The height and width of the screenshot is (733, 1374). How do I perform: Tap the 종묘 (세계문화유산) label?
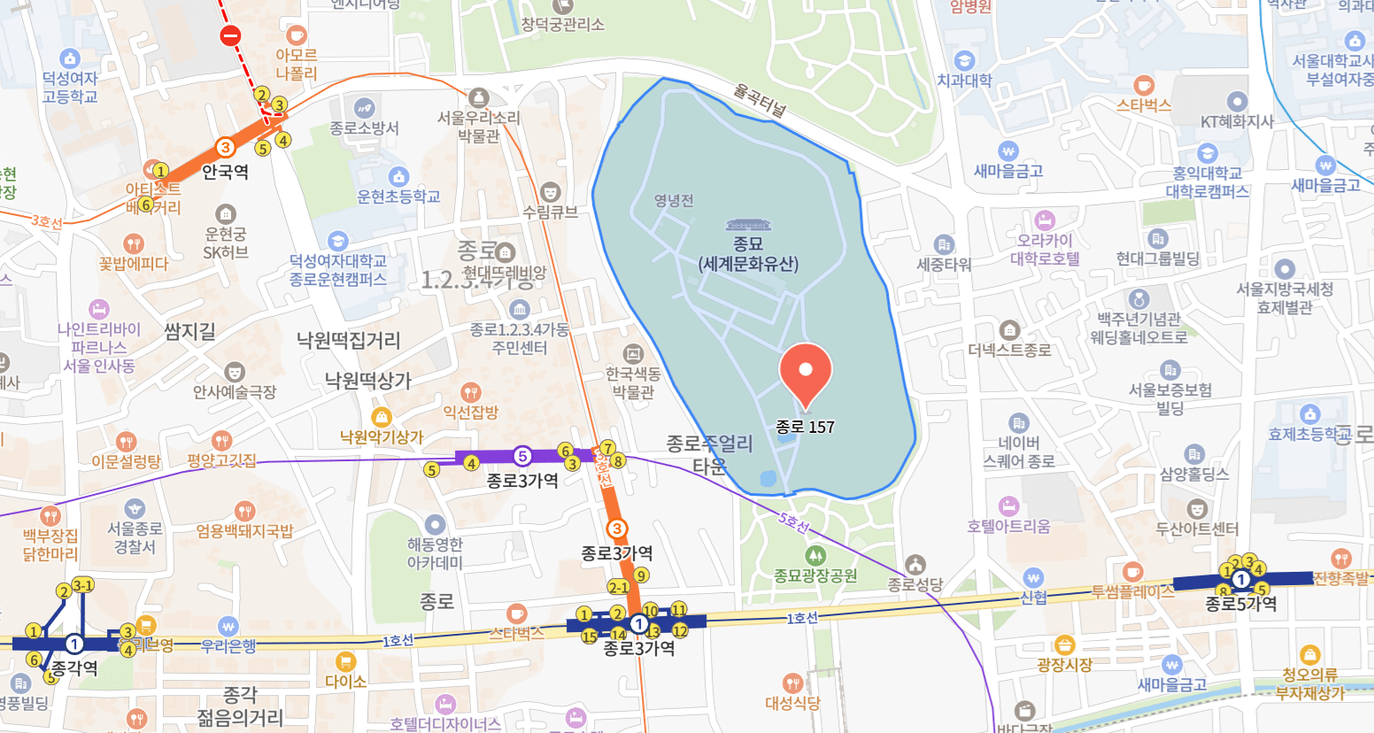[x=748, y=253]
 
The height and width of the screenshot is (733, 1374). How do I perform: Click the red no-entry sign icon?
[x=230, y=35]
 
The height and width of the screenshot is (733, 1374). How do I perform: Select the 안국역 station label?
[x=225, y=172]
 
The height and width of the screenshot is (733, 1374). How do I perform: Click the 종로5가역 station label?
[x=1241, y=604]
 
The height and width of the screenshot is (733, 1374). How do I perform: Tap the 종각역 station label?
[x=74, y=667]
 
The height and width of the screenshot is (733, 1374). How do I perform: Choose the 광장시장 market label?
[x=1065, y=664]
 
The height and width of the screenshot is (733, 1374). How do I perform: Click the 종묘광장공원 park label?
[x=815, y=575]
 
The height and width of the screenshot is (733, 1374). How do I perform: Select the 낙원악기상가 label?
[x=382, y=436]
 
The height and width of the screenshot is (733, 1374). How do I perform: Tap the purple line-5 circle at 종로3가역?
[x=522, y=457]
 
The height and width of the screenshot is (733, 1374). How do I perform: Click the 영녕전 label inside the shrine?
[x=674, y=200]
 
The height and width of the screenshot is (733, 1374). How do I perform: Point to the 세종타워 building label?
[x=944, y=264]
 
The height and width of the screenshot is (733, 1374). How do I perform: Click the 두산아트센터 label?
[x=1197, y=529]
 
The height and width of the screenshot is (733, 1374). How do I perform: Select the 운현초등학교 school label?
[x=398, y=196]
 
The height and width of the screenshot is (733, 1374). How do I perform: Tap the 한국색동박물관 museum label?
[x=633, y=382]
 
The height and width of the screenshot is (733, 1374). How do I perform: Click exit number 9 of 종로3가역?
[x=642, y=575]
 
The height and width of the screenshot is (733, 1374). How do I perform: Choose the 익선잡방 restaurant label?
[x=471, y=412]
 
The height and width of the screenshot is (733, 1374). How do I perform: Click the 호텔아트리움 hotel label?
[x=1008, y=526]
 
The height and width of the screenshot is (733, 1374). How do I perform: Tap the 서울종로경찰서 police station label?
[x=135, y=537]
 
